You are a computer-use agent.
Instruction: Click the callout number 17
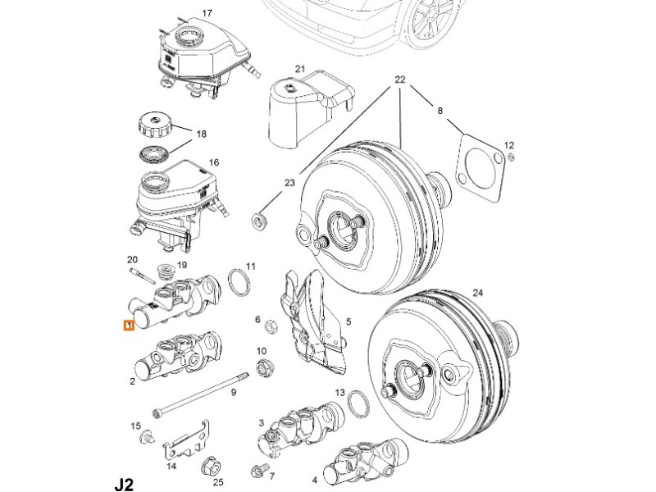(207, 13)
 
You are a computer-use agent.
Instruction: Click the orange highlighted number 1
(127, 326)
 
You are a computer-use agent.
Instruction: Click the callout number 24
(479, 293)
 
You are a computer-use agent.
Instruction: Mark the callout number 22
(400, 80)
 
